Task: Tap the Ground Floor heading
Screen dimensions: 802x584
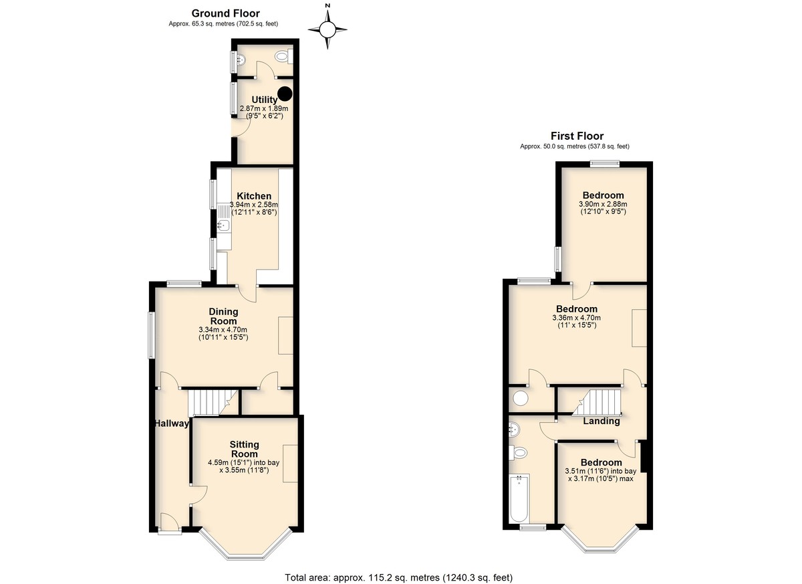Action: [x=226, y=13]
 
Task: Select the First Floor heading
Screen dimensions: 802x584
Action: [x=577, y=136]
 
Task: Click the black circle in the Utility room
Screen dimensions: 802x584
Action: [x=285, y=94]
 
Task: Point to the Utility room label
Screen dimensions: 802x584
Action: [x=264, y=100]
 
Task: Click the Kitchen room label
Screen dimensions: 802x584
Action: [x=254, y=196]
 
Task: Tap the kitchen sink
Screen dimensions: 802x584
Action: [x=224, y=225]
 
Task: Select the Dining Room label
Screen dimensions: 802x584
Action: [x=223, y=316]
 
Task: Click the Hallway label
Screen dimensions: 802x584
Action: [x=172, y=423]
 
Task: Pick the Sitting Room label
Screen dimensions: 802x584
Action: [x=244, y=449]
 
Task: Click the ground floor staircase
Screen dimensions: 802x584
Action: [x=213, y=402]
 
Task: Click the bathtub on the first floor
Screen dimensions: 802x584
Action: [x=519, y=498]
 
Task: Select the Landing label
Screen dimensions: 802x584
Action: [x=601, y=421]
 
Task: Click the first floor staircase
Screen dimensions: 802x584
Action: [x=596, y=403]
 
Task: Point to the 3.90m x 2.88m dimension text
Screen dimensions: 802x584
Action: [x=604, y=204]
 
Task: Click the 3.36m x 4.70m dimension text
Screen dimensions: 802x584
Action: [x=577, y=318]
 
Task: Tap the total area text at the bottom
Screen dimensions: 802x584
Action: [x=399, y=577]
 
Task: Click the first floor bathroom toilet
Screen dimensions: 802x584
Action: [x=519, y=452]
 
